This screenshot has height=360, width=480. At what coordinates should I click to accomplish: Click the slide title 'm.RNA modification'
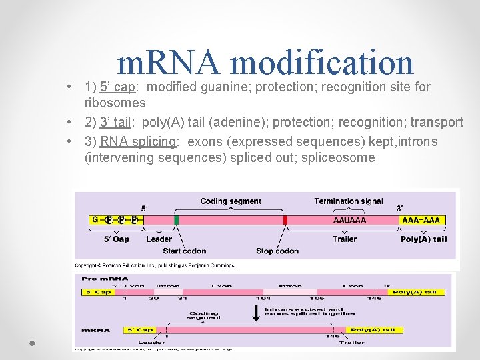click(x=265, y=63)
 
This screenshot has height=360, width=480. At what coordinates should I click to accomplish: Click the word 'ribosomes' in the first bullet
click(x=115, y=103)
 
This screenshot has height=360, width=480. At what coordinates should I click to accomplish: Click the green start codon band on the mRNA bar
click(x=177, y=220)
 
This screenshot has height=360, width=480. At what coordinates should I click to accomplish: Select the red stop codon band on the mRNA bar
click(x=285, y=220)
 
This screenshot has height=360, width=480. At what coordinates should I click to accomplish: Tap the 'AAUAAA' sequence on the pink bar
click(x=349, y=220)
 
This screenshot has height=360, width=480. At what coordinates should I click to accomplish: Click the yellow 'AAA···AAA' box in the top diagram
click(x=423, y=220)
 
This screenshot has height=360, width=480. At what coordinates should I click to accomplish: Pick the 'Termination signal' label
click(x=348, y=201)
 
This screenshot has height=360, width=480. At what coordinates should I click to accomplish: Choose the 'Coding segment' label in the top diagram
click(x=231, y=201)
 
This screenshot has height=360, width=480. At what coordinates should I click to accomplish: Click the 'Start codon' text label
click(x=184, y=251)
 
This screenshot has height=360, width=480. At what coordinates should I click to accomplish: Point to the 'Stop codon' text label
click(x=277, y=251)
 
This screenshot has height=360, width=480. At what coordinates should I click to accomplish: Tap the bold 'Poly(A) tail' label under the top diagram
click(x=423, y=239)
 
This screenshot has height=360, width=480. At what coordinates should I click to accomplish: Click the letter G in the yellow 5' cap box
click(x=95, y=220)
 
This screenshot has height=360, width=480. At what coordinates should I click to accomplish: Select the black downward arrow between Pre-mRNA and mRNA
click(x=255, y=311)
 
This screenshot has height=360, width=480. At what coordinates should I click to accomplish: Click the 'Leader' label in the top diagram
click(x=159, y=239)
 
